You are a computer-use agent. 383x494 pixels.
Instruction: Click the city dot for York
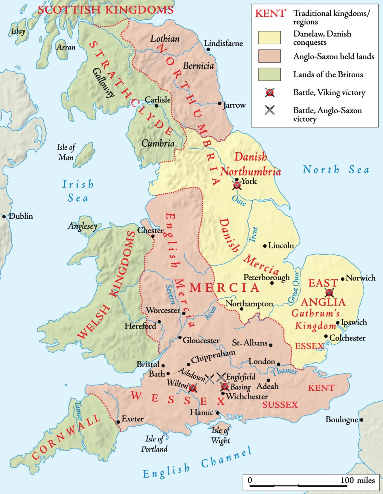coord(237,180)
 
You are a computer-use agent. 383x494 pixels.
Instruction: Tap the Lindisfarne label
coord(223,43)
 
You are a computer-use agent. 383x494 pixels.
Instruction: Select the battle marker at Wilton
coord(193,388)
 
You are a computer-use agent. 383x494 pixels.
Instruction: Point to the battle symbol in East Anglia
coord(329,292)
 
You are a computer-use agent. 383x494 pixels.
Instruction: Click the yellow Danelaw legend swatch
coord(269,38)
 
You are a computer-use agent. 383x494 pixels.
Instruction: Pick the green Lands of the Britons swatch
coord(269,74)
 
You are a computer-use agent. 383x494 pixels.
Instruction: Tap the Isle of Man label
coord(66,152)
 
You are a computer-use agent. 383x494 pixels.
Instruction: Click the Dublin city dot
coord(4,217)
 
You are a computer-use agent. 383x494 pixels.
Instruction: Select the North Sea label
coord(336,169)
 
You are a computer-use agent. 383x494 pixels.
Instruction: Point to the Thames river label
coord(284,372)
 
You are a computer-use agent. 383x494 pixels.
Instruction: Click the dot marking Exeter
coord(118,422)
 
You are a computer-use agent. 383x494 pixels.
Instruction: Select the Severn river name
coord(170,294)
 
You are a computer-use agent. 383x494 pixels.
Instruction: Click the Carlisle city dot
coord(156,105)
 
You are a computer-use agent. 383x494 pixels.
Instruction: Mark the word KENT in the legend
coord(270,14)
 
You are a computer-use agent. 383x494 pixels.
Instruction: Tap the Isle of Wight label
coord(220,435)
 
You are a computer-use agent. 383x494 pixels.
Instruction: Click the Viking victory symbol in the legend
coord(270,93)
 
